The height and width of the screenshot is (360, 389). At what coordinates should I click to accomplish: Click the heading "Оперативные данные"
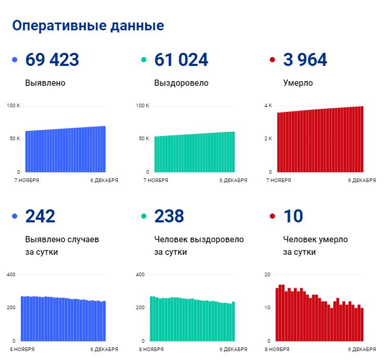88,26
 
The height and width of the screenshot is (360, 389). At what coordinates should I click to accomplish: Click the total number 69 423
52,60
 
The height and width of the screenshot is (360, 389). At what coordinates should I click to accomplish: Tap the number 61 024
181,60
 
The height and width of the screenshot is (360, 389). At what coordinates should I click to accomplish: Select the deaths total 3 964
305,60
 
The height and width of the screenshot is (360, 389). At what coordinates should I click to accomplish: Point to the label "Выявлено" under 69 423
45,83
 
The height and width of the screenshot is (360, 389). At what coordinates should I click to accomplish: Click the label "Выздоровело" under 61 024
181,83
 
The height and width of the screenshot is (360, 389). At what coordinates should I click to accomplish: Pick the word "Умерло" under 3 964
298,83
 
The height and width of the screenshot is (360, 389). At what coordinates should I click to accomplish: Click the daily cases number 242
40,216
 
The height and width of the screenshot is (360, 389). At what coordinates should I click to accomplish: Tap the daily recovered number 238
169,216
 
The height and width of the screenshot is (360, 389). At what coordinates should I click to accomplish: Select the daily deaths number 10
293,216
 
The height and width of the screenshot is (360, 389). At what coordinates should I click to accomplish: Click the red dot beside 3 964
272,60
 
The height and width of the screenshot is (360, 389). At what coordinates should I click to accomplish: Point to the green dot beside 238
144,216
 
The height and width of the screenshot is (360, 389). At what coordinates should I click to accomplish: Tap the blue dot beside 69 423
15,60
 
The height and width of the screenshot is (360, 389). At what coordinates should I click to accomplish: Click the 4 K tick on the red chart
268,106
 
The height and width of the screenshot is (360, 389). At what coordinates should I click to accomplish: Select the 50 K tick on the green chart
144,139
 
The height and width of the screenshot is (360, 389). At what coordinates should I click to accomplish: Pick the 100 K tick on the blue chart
14,106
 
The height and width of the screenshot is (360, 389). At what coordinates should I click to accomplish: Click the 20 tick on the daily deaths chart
268,275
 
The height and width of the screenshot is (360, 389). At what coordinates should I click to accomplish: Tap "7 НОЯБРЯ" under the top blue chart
27,181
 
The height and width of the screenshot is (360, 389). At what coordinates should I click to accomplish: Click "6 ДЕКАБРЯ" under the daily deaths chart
362,350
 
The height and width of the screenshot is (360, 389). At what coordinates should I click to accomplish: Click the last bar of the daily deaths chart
362,324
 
